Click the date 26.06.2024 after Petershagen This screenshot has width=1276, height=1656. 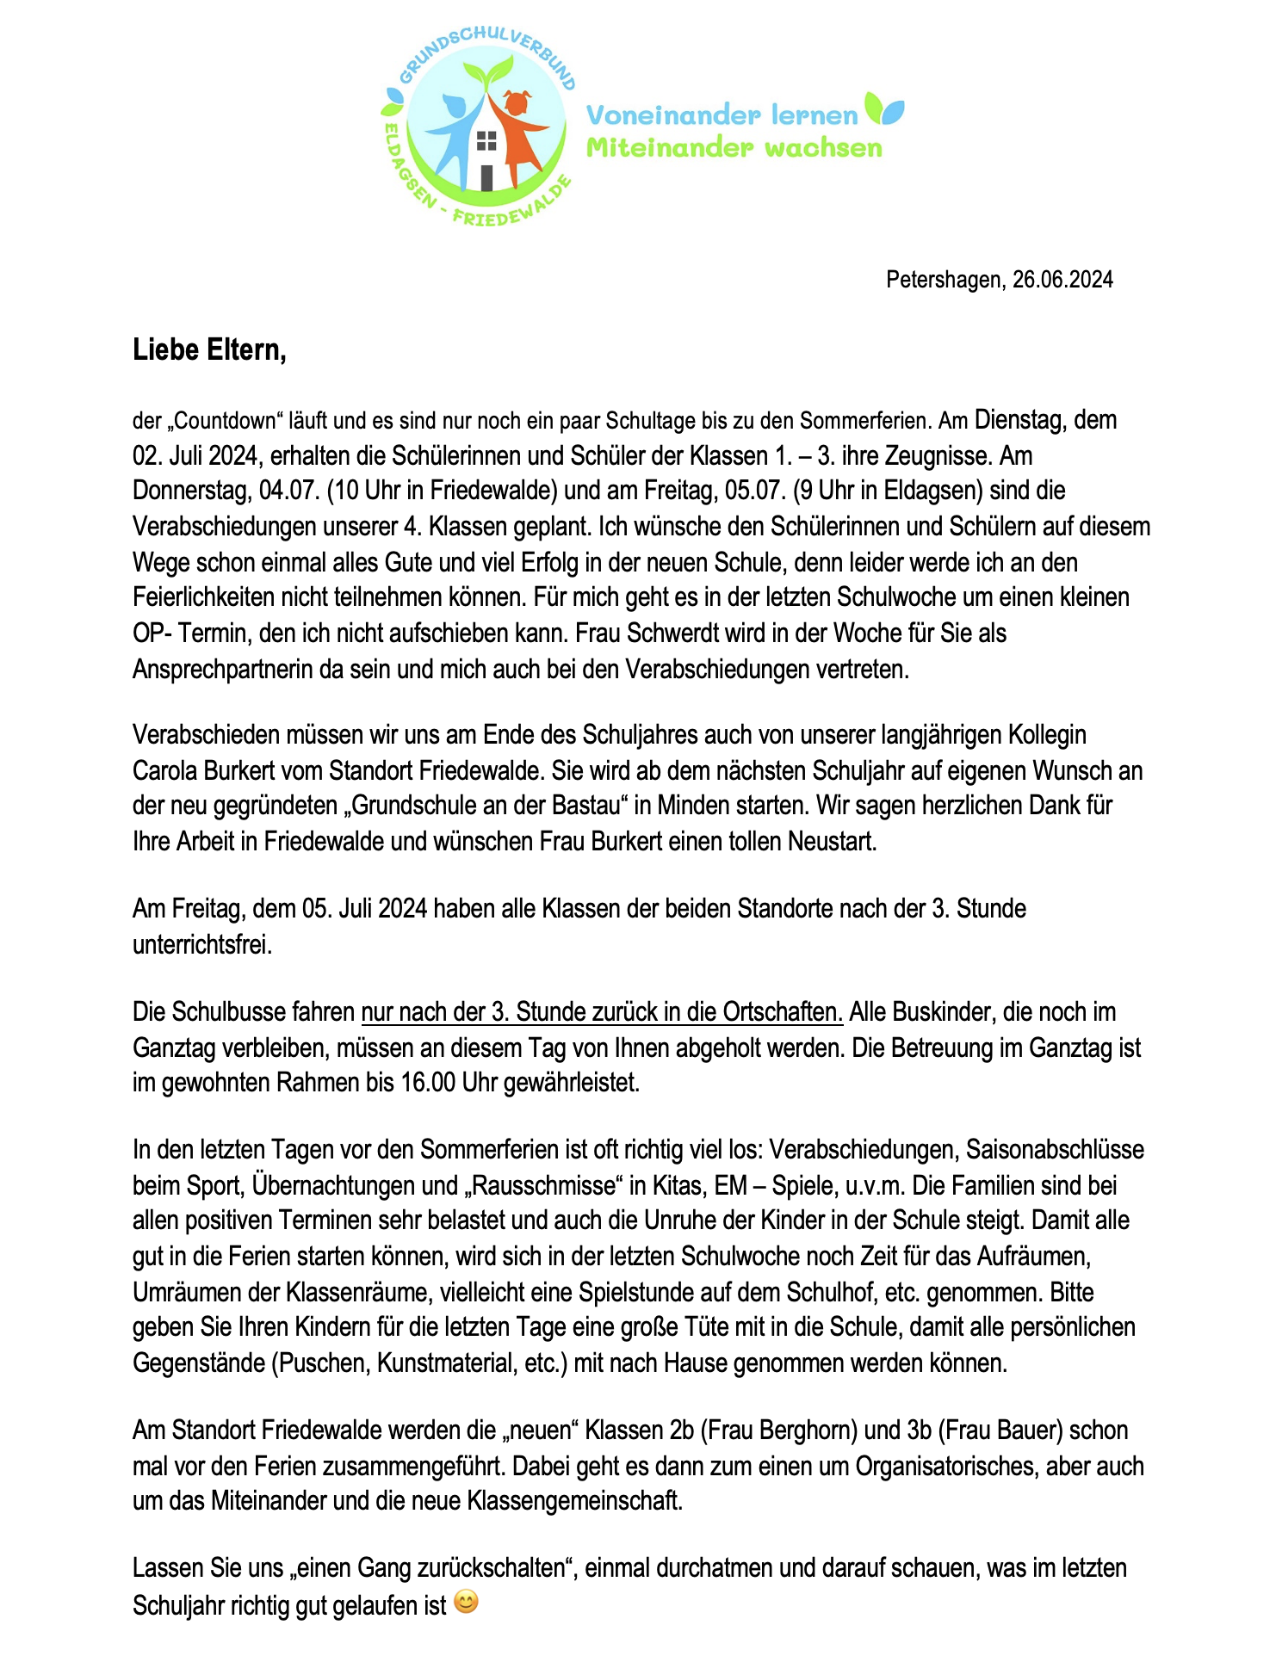1062,280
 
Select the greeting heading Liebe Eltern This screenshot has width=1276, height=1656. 209,350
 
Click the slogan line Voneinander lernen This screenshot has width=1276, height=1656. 722,114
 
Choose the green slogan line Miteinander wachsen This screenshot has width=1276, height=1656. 734,148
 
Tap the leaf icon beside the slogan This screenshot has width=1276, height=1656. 884,109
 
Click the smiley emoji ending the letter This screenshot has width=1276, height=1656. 466,1602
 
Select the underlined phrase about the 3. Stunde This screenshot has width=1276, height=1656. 602,1012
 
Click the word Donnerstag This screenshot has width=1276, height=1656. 192,491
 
